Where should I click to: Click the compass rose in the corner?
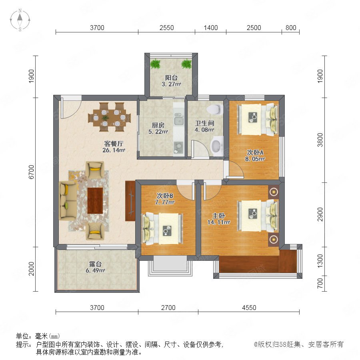(20, 20)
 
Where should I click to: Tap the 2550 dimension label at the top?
(167, 28)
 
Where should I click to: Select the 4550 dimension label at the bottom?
(249, 308)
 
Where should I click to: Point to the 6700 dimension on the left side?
(31, 172)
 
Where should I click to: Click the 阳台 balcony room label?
(171, 78)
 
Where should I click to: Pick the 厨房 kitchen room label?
(158, 125)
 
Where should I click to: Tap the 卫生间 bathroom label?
(204, 123)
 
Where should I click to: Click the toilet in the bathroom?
(215, 110)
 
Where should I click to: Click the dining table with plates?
(110, 117)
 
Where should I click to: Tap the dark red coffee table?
(95, 201)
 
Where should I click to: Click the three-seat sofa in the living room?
(68, 201)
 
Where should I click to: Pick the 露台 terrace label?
(95, 264)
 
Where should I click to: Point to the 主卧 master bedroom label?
(218, 216)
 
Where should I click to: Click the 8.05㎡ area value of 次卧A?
(255, 159)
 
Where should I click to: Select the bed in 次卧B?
(163, 229)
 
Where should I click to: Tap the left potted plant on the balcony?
(156, 64)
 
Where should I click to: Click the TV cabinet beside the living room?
(130, 201)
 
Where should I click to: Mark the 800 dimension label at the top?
(291, 28)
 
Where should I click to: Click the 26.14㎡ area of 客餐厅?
(114, 150)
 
